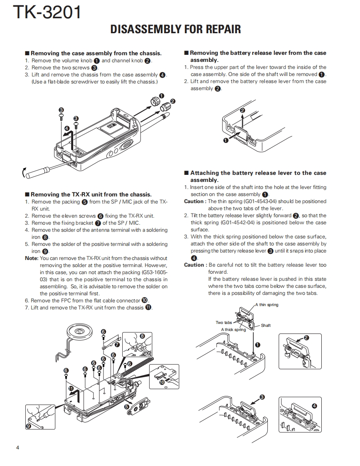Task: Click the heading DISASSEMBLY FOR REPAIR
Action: (175, 29)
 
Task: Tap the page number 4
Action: (17, 447)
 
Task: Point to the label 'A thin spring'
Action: (267, 305)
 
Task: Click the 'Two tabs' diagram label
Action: (224, 322)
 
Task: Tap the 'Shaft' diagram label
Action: (266, 325)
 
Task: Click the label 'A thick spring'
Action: (233, 330)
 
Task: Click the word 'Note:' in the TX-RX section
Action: (32, 258)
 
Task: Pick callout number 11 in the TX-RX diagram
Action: (71, 389)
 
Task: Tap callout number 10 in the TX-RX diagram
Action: (162, 382)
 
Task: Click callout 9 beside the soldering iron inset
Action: (28, 426)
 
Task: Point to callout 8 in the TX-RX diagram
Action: (142, 336)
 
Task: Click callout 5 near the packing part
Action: (127, 407)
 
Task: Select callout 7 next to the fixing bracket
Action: (117, 344)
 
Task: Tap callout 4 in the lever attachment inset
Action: (314, 406)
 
